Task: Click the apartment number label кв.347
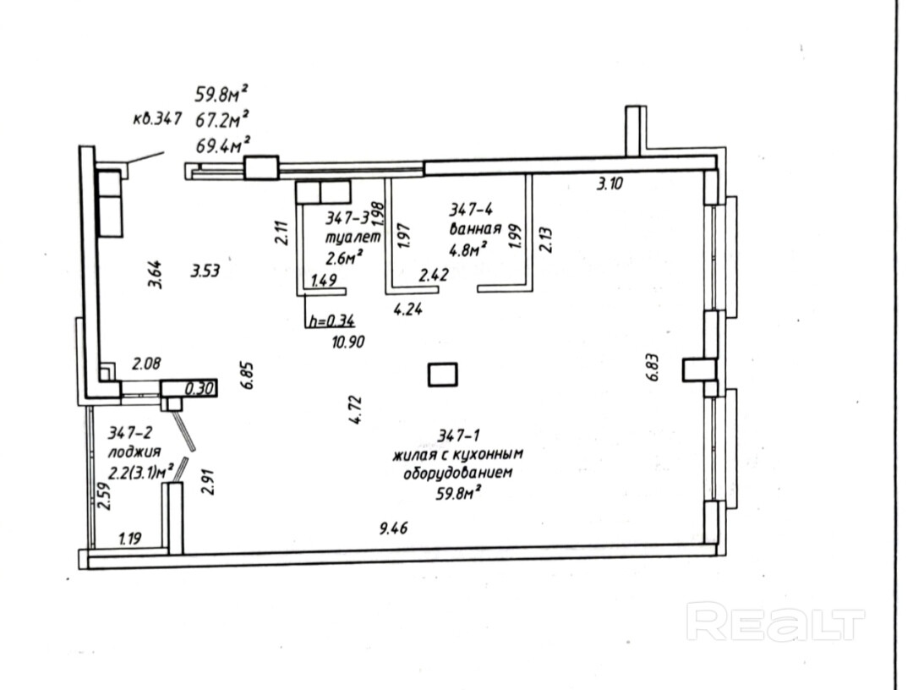point(158,120)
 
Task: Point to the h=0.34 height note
point(331,320)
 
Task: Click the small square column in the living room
point(443,374)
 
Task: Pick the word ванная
point(475,228)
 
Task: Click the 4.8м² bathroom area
point(468,249)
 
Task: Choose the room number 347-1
point(459,436)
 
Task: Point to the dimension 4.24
point(408,309)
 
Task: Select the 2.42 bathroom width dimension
point(434,274)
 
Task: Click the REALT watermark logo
point(775,624)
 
